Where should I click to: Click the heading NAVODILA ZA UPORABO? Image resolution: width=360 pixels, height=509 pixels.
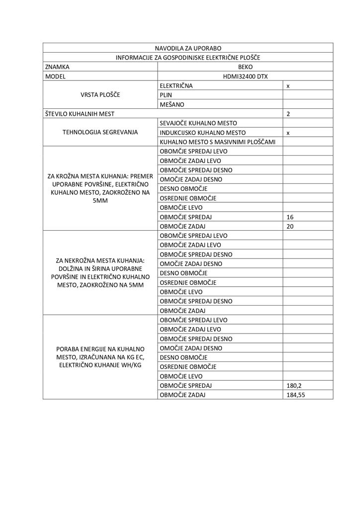(x=188, y=48)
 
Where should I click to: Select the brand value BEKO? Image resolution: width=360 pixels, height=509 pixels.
(x=245, y=67)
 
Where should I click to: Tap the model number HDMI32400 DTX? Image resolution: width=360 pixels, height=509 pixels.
(x=245, y=77)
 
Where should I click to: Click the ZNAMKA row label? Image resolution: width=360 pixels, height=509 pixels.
(x=57, y=67)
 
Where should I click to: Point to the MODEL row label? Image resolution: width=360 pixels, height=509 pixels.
(x=55, y=77)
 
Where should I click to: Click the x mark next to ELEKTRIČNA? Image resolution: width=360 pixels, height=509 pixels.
(x=288, y=86)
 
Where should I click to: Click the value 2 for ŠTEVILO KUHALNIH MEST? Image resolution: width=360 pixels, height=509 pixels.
(x=288, y=114)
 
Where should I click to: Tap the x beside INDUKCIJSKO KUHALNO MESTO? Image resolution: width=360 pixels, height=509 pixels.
(x=288, y=133)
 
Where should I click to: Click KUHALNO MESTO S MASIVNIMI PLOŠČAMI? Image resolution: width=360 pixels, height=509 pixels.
(x=218, y=142)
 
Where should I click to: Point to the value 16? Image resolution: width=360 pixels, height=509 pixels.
(x=290, y=217)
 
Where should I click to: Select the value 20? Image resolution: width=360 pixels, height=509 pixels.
(x=290, y=227)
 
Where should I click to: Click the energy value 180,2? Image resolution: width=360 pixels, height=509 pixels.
(x=294, y=386)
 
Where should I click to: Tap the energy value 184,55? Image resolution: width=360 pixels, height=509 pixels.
(x=296, y=395)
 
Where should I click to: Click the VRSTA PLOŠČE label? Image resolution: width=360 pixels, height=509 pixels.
(x=100, y=95)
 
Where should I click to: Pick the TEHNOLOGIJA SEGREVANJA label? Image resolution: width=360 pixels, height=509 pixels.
(x=100, y=133)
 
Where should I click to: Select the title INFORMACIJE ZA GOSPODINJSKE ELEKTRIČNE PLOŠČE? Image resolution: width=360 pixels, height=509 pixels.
(x=188, y=58)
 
